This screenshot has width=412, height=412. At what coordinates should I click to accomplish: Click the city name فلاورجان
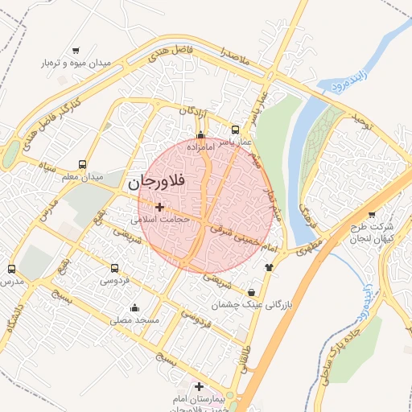coord(155,183)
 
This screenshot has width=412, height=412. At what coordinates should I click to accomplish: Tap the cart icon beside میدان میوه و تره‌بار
coord(76,50)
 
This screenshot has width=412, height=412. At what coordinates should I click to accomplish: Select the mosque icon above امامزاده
coord(200,134)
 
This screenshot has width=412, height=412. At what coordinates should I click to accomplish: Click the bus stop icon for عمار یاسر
coord(235,130)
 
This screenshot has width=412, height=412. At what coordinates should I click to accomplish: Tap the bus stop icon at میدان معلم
coord(83,164)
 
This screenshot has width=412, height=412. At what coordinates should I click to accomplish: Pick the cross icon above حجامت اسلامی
coord(159,207)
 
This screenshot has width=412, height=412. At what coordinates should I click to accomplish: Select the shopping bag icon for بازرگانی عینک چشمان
coord(253,292)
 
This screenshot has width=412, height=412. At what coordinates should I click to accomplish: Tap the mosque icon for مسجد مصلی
coord(134,307)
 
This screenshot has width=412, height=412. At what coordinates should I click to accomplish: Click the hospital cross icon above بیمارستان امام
coord(199,387)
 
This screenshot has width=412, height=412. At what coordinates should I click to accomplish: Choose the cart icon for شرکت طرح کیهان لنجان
coord(371,214)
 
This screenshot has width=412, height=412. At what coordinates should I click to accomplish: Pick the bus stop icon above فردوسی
coord(115,268)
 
